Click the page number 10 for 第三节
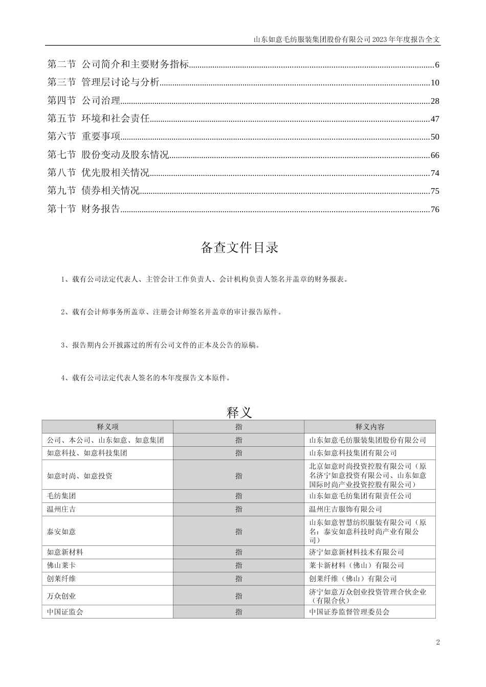click(435, 83)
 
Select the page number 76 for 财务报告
click(435, 209)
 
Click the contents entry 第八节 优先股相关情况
click(98, 173)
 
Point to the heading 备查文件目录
click(239, 248)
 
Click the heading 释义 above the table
click(239, 412)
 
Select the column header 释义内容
click(370, 427)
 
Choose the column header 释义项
click(107, 427)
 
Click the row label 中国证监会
click(65, 612)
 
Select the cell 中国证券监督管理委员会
click(349, 612)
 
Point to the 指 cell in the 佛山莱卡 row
click(239, 565)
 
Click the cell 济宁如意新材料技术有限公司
click(357, 552)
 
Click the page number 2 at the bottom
click(438, 643)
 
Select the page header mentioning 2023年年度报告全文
click(347, 39)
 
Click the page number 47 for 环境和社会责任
click(435, 119)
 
